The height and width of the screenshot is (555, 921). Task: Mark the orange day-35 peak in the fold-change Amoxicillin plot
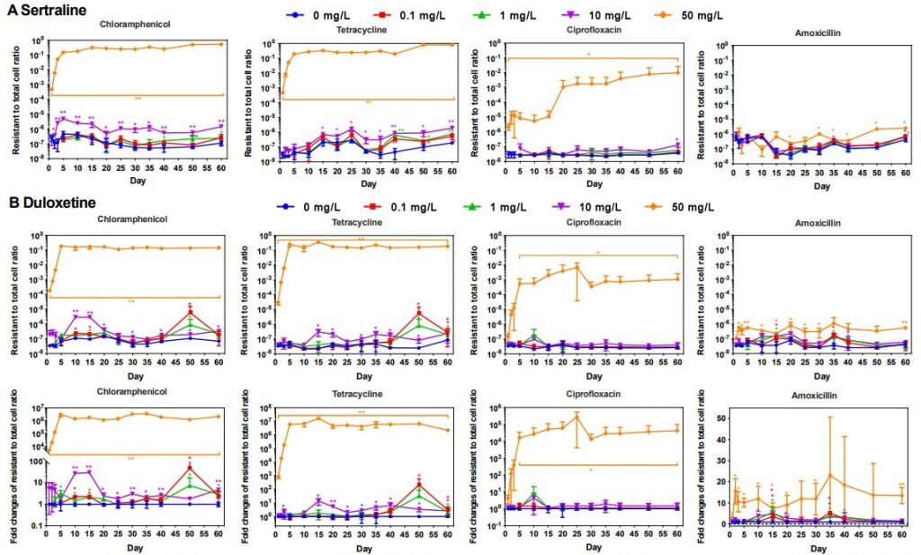(830, 475)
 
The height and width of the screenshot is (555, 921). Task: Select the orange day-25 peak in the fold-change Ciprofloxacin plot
(577, 416)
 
